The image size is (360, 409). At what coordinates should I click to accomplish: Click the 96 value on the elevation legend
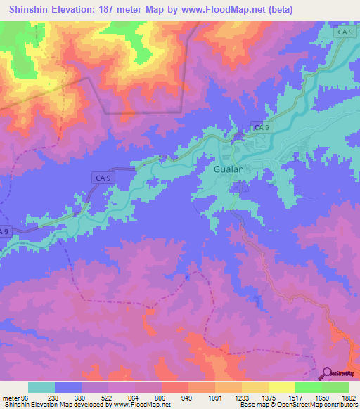29,397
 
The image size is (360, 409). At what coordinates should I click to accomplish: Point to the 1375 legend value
269,397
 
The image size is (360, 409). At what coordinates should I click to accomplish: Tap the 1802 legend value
347,397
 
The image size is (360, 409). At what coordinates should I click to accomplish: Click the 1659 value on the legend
321,397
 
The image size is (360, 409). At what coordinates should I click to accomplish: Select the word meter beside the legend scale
12,397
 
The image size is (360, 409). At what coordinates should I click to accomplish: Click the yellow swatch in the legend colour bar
281,387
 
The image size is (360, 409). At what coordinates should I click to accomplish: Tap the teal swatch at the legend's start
41,387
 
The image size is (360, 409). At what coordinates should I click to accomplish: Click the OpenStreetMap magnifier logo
326,373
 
